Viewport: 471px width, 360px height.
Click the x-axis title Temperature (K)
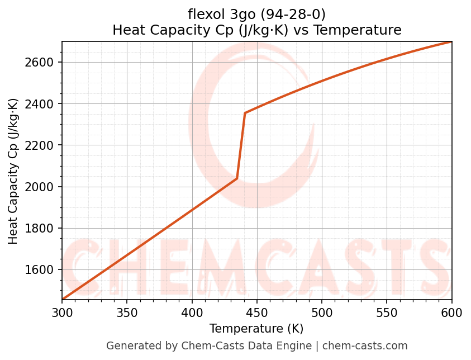pos(256,329)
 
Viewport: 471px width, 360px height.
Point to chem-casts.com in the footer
pos(365,346)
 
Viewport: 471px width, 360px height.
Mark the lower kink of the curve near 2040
pos(237,178)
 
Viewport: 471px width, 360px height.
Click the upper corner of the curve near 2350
pos(245,113)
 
